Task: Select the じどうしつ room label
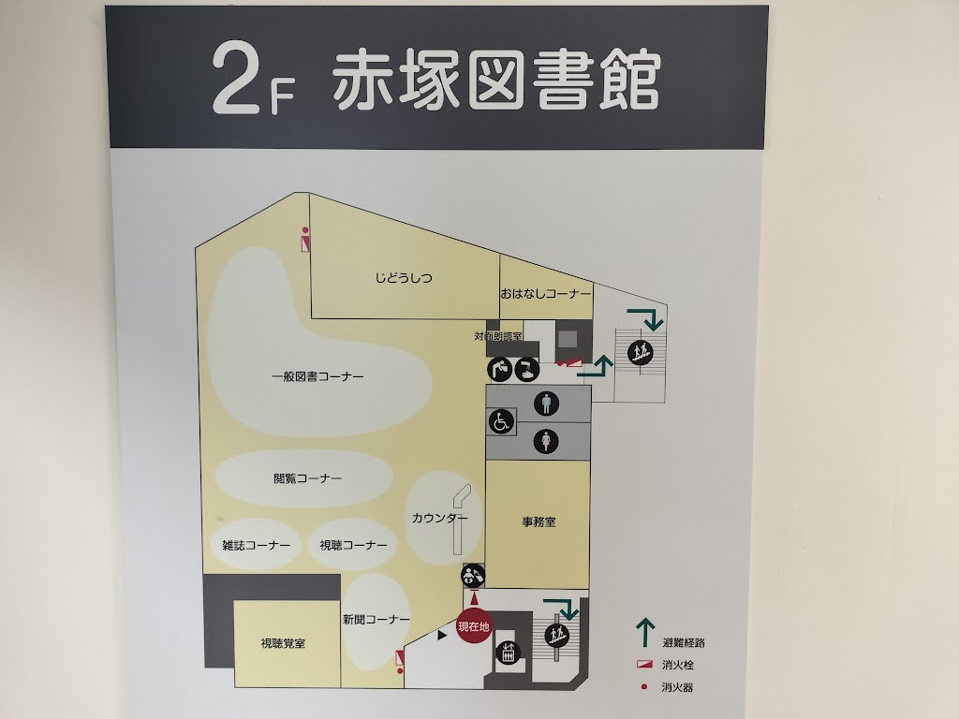[x=404, y=278]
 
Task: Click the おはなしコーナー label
[x=546, y=293]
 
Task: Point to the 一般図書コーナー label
[x=318, y=376]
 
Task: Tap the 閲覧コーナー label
[x=307, y=478]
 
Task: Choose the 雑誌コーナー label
[x=257, y=545]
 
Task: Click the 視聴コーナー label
[x=353, y=545]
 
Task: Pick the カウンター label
[x=440, y=518]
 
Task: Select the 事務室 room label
[x=539, y=522]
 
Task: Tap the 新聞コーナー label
[x=376, y=620]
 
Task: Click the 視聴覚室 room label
[x=283, y=643]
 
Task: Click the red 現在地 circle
[x=474, y=626]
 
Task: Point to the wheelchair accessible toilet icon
[x=502, y=422]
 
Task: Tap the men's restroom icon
[x=546, y=404]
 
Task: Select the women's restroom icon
[x=546, y=442]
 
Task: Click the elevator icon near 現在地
[x=508, y=653]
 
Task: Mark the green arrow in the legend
[x=645, y=633]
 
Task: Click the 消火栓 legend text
[x=678, y=665]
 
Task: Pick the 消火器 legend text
[x=678, y=687]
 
